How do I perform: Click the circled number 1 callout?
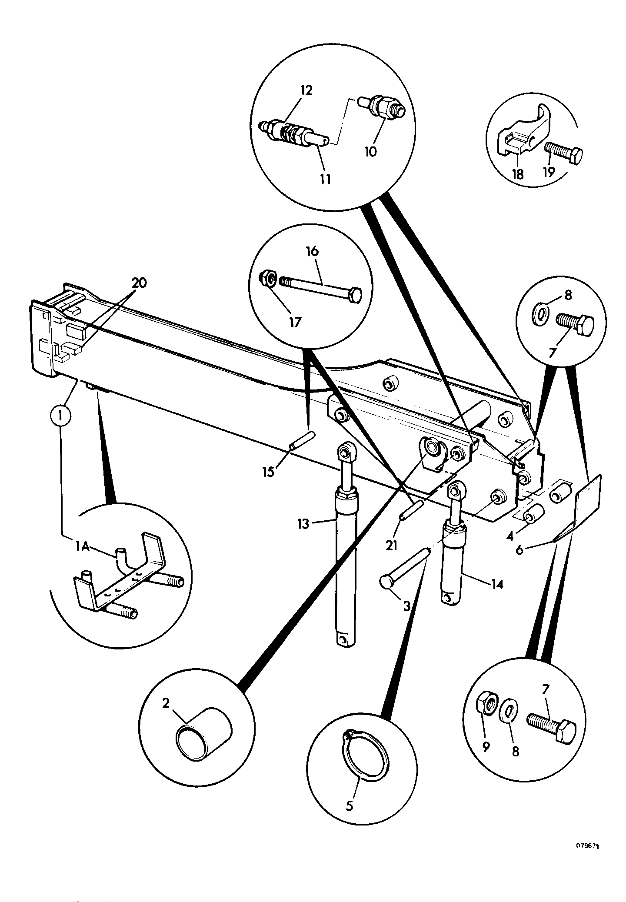point(60,417)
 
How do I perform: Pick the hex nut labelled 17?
point(267,279)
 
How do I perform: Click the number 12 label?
point(306,91)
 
